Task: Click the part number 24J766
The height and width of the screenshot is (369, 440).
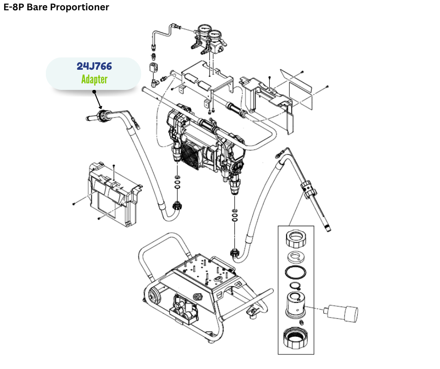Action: pyautogui.click(x=94, y=66)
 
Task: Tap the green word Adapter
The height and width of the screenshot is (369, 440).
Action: pyautogui.click(x=94, y=79)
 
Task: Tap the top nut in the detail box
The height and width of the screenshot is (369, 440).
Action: pyautogui.click(x=296, y=239)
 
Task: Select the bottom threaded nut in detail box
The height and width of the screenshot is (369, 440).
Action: pyautogui.click(x=296, y=338)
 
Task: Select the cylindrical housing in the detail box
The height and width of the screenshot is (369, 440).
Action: pyautogui.click(x=295, y=304)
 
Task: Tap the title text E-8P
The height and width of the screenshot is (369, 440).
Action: pyautogui.click(x=13, y=7)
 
